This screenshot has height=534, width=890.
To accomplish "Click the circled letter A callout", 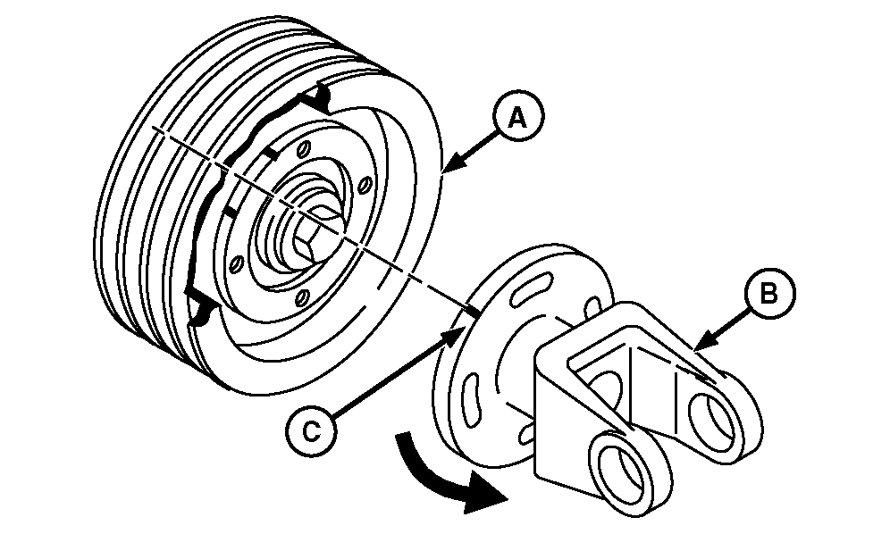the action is pos(517,118).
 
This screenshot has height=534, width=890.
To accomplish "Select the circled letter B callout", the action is pos(769,294).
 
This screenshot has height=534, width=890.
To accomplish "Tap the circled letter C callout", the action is pos(310,431).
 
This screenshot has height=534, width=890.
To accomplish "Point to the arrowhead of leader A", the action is pos(450,165).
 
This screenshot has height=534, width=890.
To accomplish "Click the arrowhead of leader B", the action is pos(701,343).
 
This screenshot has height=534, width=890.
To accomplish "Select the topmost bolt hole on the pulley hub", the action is pos(305,149).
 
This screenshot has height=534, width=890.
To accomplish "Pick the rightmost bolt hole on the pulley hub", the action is pos(366,185).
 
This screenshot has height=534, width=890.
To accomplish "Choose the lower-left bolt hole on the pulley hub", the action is pos(238,263).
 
